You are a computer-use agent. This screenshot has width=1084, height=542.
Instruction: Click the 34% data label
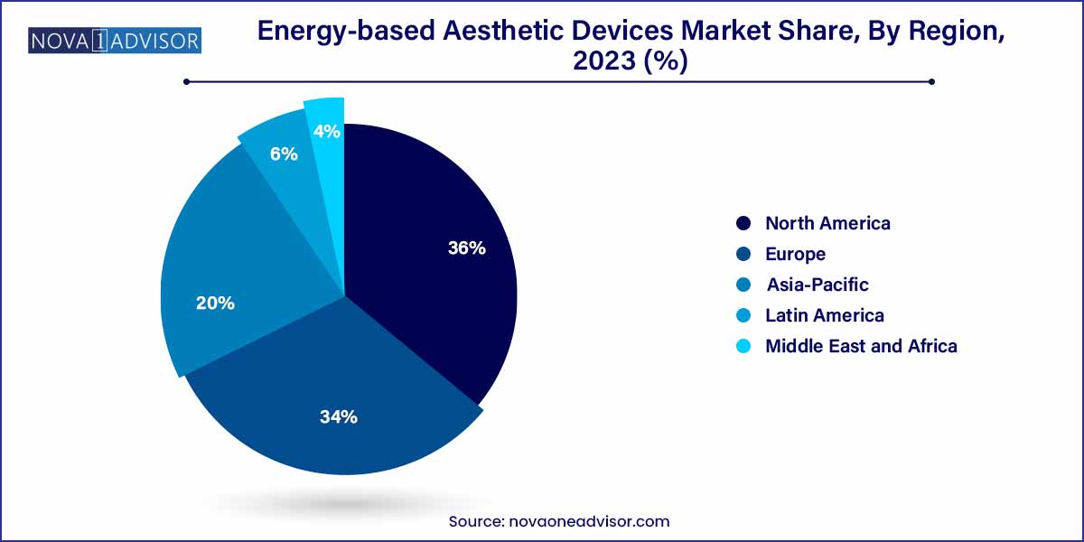(339, 416)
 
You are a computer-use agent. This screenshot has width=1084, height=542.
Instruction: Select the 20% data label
(215, 304)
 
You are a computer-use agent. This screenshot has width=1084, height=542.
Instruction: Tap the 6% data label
(284, 154)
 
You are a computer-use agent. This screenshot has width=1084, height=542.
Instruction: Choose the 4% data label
(326, 132)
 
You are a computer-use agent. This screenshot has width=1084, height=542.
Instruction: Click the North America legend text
(827, 223)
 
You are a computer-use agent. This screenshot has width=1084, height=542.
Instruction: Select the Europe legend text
(795, 254)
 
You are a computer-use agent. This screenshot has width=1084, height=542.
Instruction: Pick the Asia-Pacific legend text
(818, 285)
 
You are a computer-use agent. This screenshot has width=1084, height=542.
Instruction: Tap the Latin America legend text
(824, 315)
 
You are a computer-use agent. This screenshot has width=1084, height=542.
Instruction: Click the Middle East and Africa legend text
(861, 346)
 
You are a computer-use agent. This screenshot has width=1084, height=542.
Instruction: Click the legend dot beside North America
(743, 223)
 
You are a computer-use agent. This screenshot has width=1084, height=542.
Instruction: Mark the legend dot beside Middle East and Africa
(743, 346)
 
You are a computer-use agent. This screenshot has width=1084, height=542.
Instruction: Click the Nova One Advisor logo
(115, 40)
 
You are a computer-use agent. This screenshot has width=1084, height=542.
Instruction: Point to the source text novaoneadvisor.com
(559, 521)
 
